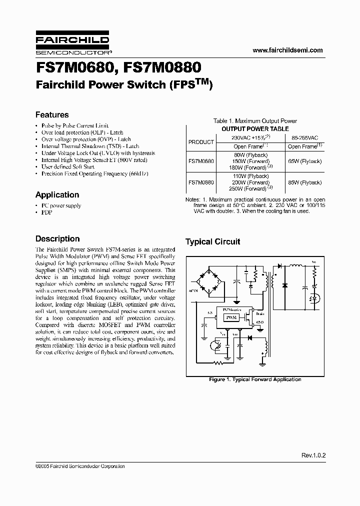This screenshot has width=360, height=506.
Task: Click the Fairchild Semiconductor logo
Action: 73,44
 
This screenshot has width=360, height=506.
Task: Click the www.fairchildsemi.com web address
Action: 288,50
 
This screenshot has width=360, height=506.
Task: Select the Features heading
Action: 52,115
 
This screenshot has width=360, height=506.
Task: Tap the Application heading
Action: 57,195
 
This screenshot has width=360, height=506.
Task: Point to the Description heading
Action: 57,239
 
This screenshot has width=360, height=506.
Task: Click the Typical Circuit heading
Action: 213,242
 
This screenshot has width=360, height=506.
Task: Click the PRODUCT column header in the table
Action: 201,142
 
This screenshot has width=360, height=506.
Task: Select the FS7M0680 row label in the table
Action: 201,162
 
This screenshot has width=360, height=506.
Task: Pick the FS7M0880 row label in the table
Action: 201,183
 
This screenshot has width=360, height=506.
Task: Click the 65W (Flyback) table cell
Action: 305,162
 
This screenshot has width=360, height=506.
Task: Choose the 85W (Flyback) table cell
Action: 305,183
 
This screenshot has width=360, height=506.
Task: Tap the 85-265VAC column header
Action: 305,137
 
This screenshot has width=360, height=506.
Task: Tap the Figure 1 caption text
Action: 255,379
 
